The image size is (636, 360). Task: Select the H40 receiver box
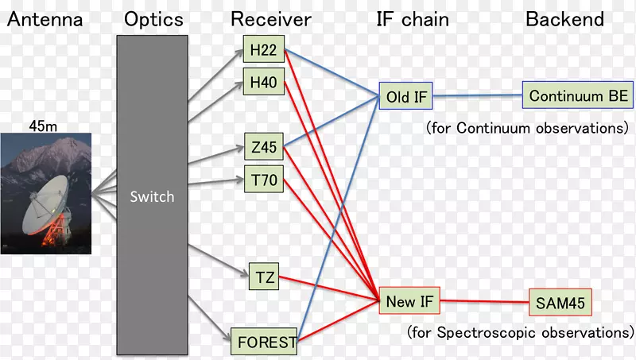(262, 82)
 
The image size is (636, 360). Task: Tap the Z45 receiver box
(262, 148)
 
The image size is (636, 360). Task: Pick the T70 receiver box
(262, 180)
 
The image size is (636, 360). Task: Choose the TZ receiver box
(265, 277)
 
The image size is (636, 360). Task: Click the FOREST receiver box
(265, 343)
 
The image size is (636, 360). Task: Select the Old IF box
(406, 98)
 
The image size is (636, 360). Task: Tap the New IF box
(409, 301)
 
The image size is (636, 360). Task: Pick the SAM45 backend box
(560, 303)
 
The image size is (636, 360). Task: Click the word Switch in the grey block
(152, 195)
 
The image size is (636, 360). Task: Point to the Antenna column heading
(45, 20)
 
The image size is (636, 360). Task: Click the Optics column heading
(153, 20)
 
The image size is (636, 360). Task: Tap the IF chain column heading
(412, 20)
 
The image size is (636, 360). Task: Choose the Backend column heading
(564, 20)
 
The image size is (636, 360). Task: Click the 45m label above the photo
(44, 125)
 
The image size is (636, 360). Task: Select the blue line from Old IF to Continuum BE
(477, 96)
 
